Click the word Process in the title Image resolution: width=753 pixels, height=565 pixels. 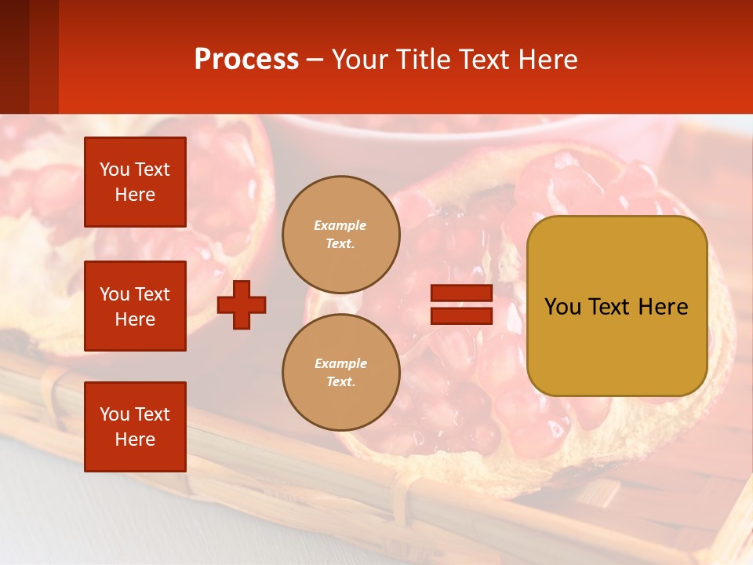point(246,60)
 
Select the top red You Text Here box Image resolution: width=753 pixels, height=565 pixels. point(135,182)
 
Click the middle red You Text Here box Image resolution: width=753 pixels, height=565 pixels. point(135,306)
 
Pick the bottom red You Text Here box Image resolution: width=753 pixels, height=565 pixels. point(135,427)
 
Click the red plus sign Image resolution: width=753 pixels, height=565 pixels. point(242,304)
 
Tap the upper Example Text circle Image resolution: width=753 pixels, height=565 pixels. point(341,235)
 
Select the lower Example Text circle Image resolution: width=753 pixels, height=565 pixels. point(341,373)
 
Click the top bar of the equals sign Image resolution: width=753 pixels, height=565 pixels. point(462,293)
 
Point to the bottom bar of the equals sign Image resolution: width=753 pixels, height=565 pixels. point(462,315)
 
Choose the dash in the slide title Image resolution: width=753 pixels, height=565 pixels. point(315,60)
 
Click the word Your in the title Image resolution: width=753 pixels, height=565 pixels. point(357,60)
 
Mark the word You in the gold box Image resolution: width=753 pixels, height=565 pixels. point(562,307)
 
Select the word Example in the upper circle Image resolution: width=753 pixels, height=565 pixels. point(340,225)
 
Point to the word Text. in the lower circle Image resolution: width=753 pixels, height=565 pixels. point(340,382)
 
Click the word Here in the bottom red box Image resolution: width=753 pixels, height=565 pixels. point(135,440)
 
